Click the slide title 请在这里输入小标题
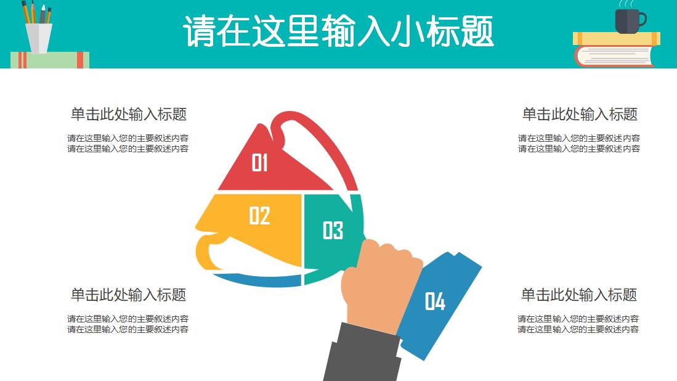tap(338, 32)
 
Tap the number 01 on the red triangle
tap(259, 163)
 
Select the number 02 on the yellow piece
tap(259, 215)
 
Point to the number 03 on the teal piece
tap(333, 231)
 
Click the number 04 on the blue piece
tap(435, 301)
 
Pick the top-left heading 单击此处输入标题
tap(129, 114)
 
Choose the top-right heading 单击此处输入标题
tap(580, 114)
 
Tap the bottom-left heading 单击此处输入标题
tap(129, 295)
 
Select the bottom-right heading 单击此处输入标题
tap(579, 295)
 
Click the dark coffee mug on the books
tap(628, 21)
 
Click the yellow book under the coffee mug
tap(616, 39)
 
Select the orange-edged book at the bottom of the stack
tap(614, 56)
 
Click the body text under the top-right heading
tap(579, 143)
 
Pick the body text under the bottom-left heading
tap(128, 324)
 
